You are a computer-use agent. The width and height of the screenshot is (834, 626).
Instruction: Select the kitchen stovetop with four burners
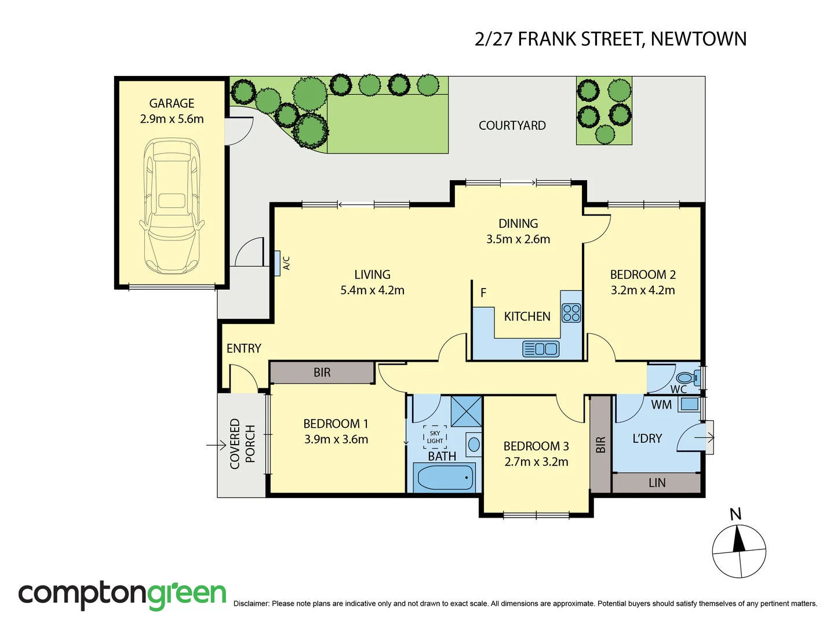click(571, 313)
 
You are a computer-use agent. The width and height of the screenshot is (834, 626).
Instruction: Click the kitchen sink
click(541, 349)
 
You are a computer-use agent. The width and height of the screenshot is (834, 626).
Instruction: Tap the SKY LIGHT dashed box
click(435, 437)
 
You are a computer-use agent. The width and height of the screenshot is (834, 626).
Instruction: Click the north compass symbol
click(739, 551)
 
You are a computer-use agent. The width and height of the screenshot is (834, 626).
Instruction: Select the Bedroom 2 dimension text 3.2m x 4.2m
click(643, 290)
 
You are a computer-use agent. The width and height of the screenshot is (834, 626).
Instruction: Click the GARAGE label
click(172, 103)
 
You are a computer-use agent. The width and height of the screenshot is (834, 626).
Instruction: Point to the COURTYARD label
click(512, 126)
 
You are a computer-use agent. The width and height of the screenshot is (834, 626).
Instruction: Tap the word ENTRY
click(243, 348)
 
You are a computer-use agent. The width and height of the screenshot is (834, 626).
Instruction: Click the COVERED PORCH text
click(242, 444)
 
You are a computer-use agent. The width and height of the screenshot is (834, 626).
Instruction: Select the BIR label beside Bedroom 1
click(322, 373)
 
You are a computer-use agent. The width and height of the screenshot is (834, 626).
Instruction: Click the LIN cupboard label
click(657, 483)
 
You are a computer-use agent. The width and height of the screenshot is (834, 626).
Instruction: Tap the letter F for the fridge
click(483, 293)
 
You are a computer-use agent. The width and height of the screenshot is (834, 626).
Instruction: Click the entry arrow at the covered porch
click(216, 445)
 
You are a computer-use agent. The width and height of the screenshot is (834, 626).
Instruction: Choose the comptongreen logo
click(122, 595)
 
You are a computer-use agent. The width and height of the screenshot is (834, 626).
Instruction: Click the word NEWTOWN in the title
click(698, 39)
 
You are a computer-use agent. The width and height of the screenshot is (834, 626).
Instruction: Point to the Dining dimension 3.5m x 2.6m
click(518, 239)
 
